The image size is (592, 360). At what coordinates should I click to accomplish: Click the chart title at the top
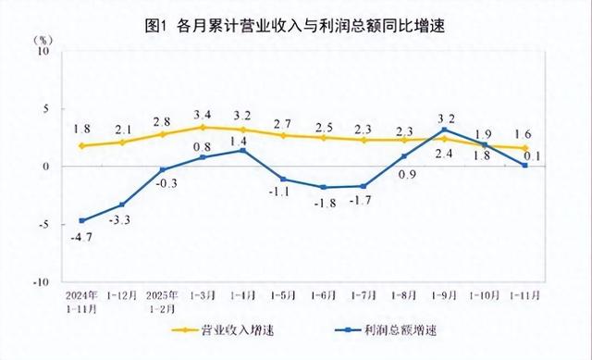295,25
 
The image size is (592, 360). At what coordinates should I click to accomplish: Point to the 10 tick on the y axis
43,52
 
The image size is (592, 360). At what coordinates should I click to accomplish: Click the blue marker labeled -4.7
82,220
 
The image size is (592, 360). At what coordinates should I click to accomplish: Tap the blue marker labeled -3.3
122,205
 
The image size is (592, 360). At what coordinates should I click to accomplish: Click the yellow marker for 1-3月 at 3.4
203,127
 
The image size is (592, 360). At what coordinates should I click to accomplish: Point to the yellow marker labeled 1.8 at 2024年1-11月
82,145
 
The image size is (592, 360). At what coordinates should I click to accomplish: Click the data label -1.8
325,204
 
